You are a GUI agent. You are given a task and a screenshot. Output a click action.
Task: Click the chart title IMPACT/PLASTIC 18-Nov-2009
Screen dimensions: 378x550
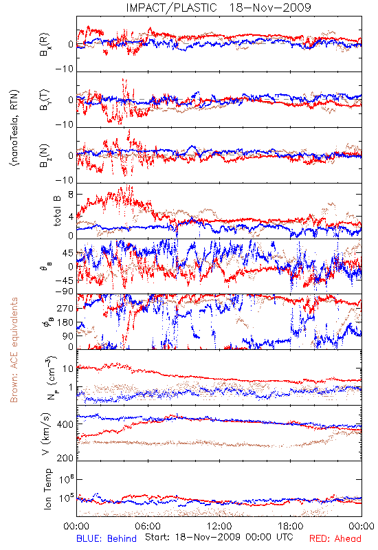[219, 8]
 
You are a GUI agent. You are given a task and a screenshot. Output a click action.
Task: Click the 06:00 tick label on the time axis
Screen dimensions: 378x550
[148, 526]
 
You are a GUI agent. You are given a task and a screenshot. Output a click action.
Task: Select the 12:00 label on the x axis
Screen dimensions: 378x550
[219, 526]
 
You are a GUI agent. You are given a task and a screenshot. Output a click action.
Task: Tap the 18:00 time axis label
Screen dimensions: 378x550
[291, 526]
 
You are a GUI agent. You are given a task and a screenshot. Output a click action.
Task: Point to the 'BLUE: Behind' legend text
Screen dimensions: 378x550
[107, 538]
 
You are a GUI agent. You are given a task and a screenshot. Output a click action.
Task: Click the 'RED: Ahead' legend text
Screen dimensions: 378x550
[335, 538]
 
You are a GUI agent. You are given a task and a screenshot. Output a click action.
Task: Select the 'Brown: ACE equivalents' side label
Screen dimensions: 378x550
[14, 350]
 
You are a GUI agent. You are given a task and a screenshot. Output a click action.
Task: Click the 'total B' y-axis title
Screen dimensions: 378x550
[57, 211]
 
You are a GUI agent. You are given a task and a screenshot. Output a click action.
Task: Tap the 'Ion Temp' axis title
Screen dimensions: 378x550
[47, 489]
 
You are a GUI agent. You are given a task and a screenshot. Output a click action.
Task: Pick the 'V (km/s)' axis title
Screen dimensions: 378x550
[46, 434]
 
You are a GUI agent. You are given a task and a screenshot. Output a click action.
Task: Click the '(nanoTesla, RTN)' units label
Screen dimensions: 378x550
[14, 128]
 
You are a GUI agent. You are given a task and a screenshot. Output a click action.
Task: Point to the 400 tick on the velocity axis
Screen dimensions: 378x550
[65, 424]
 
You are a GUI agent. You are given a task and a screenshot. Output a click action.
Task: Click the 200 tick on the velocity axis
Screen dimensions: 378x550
[65, 458]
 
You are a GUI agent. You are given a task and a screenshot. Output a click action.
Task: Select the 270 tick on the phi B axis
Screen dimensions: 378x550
[65, 308]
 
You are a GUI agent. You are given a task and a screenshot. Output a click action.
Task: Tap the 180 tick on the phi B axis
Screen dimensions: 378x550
[65, 322]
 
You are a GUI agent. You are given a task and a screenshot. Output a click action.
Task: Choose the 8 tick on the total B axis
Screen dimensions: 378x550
[71, 195]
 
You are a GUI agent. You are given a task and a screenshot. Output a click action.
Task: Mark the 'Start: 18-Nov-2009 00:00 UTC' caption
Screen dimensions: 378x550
[219, 537]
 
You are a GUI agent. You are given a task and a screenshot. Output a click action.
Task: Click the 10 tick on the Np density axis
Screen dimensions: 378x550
[68, 368]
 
